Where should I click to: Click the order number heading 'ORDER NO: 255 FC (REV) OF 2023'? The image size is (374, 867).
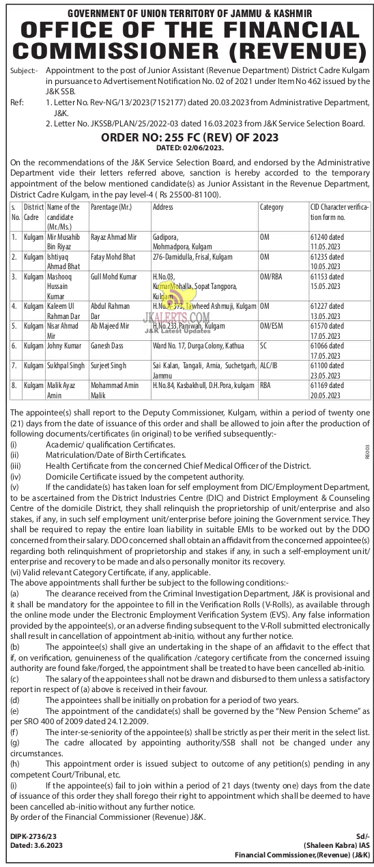click(x=186, y=137)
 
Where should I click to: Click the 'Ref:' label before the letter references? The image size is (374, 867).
click(x=17, y=101)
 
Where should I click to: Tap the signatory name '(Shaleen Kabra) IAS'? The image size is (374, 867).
click(x=333, y=845)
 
